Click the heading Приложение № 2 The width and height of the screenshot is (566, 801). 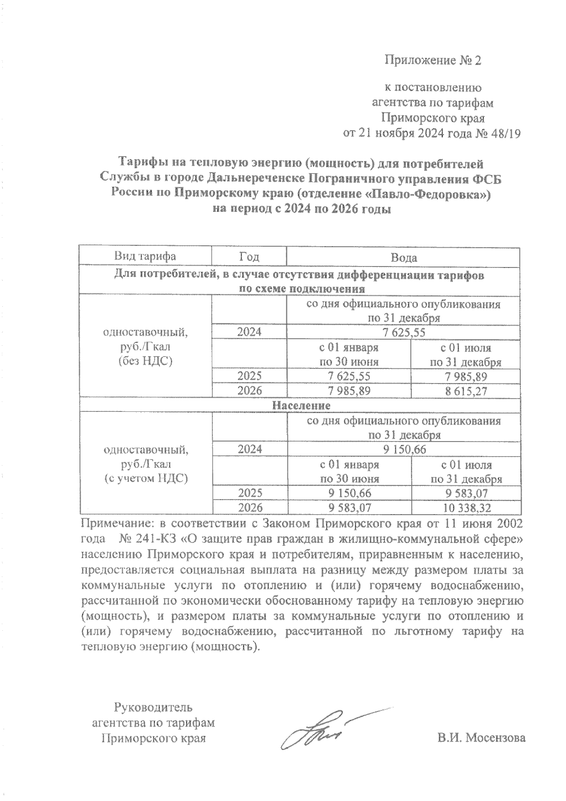pos(433,60)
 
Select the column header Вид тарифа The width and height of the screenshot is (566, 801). pos(145,257)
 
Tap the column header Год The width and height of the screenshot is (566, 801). pos(249,257)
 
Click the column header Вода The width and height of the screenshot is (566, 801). pos(404,258)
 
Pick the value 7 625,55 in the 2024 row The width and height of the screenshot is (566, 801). pos(404,333)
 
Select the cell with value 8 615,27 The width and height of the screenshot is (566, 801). pos(466,391)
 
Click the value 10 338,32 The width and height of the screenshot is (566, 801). pos(466,508)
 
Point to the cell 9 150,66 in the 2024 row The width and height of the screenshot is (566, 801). pos(405,449)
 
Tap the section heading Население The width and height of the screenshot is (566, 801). pos(301,405)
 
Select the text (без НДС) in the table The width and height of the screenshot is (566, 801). pos(145,362)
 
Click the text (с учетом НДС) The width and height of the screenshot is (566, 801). pos(145,478)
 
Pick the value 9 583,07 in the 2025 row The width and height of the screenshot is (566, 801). pos(466,493)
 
